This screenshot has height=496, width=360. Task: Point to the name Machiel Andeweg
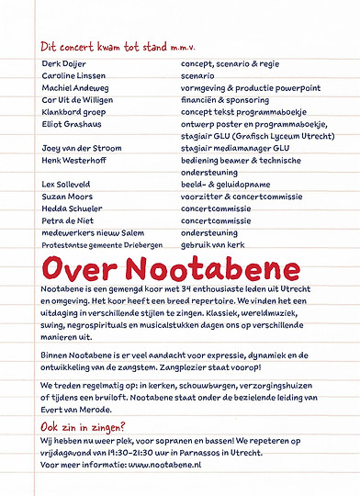click(x=72, y=92)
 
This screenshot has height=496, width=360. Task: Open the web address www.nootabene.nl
click(x=164, y=467)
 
